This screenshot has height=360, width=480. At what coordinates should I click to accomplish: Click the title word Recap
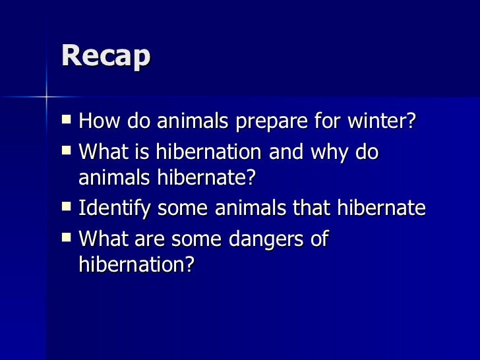pyautogui.click(x=105, y=57)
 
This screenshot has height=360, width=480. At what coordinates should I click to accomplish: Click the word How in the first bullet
pyautogui.click(x=98, y=123)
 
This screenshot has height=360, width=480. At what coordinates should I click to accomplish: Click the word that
pyautogui.click(x=310, y=208)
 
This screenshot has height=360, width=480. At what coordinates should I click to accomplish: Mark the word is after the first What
pyautogui.click(x=141, y=152)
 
